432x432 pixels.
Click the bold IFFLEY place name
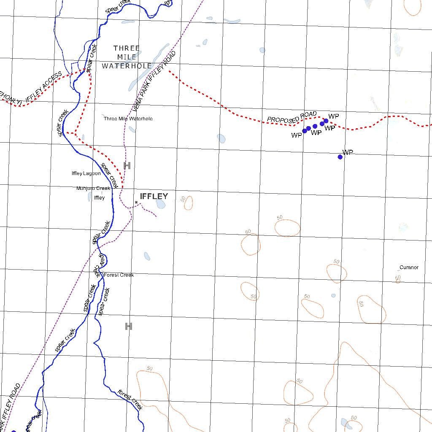[154, 196]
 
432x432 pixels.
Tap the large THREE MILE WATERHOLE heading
[127, 57]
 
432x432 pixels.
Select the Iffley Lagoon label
[86, 173]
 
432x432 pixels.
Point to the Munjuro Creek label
[93, 189]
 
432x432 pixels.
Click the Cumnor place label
[409, 267]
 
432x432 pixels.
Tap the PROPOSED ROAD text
[292, 118]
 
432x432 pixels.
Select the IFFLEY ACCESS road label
[43, 87]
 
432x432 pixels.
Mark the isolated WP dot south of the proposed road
[340, 157]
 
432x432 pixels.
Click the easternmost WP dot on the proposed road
[326, 121]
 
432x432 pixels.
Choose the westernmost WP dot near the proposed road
[305, 131]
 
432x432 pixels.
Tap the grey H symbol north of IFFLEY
[127, 165]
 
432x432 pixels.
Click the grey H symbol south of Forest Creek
[129, 326]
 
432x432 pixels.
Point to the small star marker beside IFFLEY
[136, 202]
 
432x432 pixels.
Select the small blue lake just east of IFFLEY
[160, 204]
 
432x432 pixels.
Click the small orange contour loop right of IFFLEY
[188, 203]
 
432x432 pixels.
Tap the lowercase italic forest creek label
[130, 399]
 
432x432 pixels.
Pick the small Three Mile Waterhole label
[128, 119]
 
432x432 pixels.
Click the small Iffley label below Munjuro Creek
[99, 197]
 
